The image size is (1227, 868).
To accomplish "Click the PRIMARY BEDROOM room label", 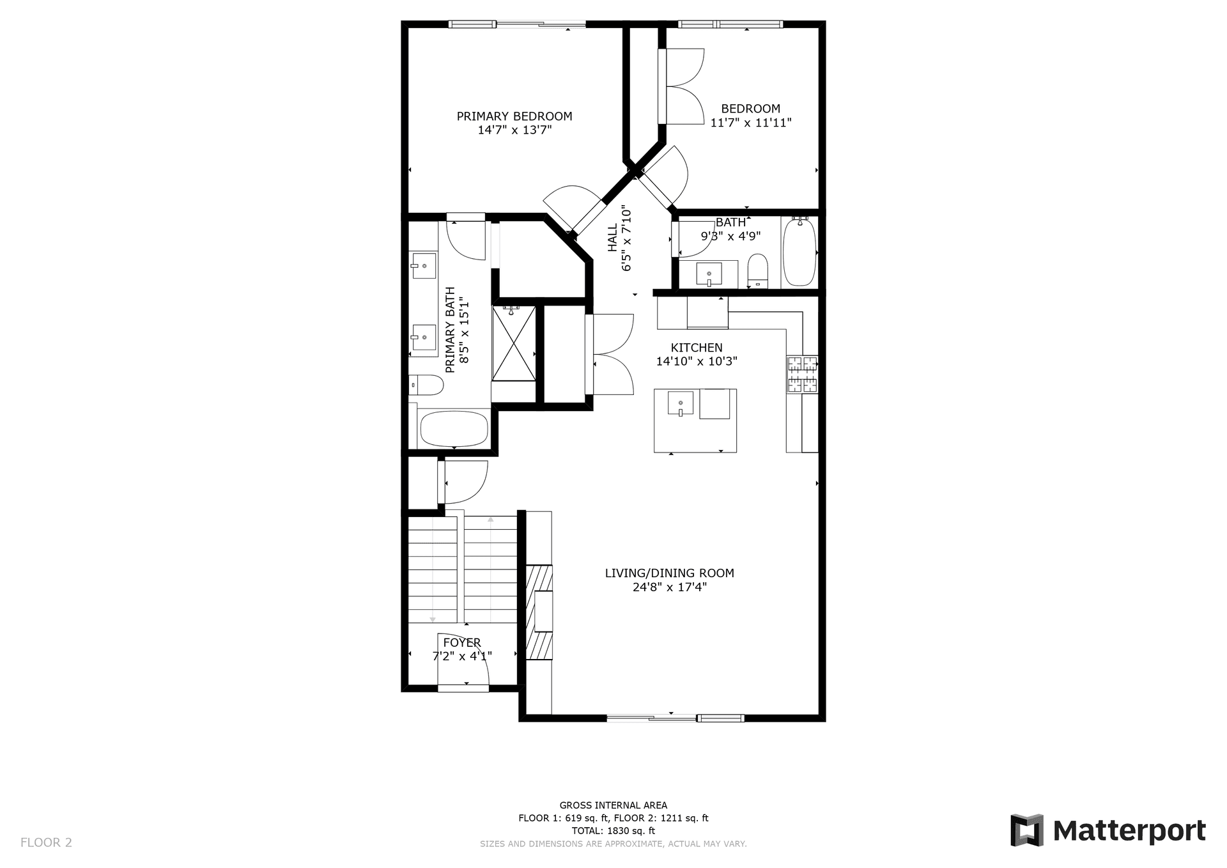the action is (x=514, y=116).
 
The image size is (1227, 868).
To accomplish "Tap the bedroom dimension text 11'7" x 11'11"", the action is (x=751, y=123).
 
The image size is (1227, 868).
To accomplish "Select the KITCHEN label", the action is (x=697, y=348).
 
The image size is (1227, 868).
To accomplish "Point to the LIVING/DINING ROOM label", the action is (x=670, y=573).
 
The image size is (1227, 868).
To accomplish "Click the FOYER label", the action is (x=462, y=642).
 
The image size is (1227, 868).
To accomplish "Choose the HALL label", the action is (x=613, y=237).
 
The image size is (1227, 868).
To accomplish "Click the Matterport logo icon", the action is (x=1027, y=830).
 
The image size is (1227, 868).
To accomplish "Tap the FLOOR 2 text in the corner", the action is (x=46, y=842).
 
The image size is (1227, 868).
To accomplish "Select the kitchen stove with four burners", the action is (x=803, y=374).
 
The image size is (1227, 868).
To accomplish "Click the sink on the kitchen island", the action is (x=681, y=404).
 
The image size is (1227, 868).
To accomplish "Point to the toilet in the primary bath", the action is (x=426, y=385).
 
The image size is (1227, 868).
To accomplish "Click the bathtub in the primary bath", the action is (x=454, y=429).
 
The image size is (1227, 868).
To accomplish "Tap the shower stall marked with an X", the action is (x=514, y=343).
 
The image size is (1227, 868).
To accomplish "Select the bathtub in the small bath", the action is (x=799, y=251).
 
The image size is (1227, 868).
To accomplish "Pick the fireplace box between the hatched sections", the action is (x=543, y=612).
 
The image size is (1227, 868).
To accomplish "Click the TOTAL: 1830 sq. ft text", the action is (x=613, y=831).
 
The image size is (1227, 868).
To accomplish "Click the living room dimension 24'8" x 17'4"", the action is (x=670, y=587).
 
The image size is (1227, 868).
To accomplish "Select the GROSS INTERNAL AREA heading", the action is (x=613, y=805).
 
